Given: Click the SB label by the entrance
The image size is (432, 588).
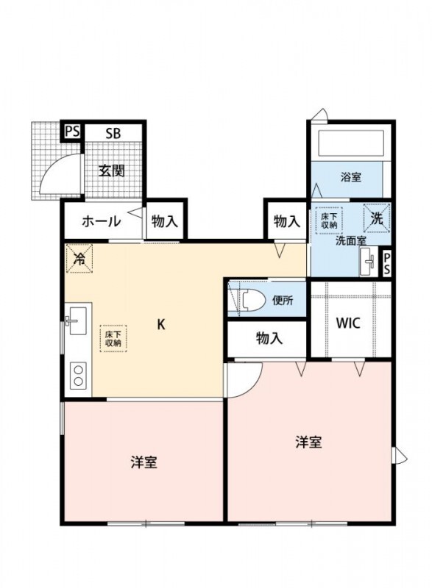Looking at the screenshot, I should (113, 133).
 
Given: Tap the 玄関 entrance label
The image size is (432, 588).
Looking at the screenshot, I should (112, 171).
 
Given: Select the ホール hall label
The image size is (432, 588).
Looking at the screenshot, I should (101, 220).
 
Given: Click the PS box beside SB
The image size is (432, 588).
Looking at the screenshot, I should (71, 132).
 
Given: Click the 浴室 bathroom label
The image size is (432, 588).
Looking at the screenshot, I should (350, 177).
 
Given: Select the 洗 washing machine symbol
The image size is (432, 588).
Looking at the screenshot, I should (376, 218).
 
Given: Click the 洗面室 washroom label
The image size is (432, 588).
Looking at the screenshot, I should (351, 240).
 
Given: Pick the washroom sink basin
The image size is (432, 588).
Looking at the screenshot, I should (368, 262).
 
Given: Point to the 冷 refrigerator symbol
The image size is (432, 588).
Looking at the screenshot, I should (79, 258).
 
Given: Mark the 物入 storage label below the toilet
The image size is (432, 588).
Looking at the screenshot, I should (269, 339).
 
